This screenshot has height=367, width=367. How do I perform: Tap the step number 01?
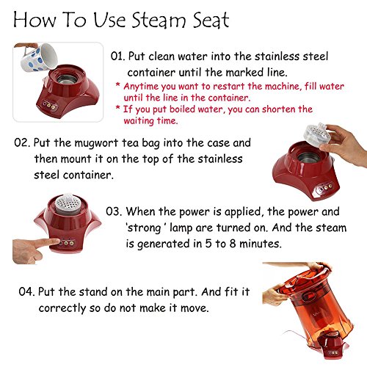118,57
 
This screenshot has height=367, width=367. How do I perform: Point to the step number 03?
115,211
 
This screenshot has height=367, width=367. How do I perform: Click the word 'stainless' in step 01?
255,57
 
